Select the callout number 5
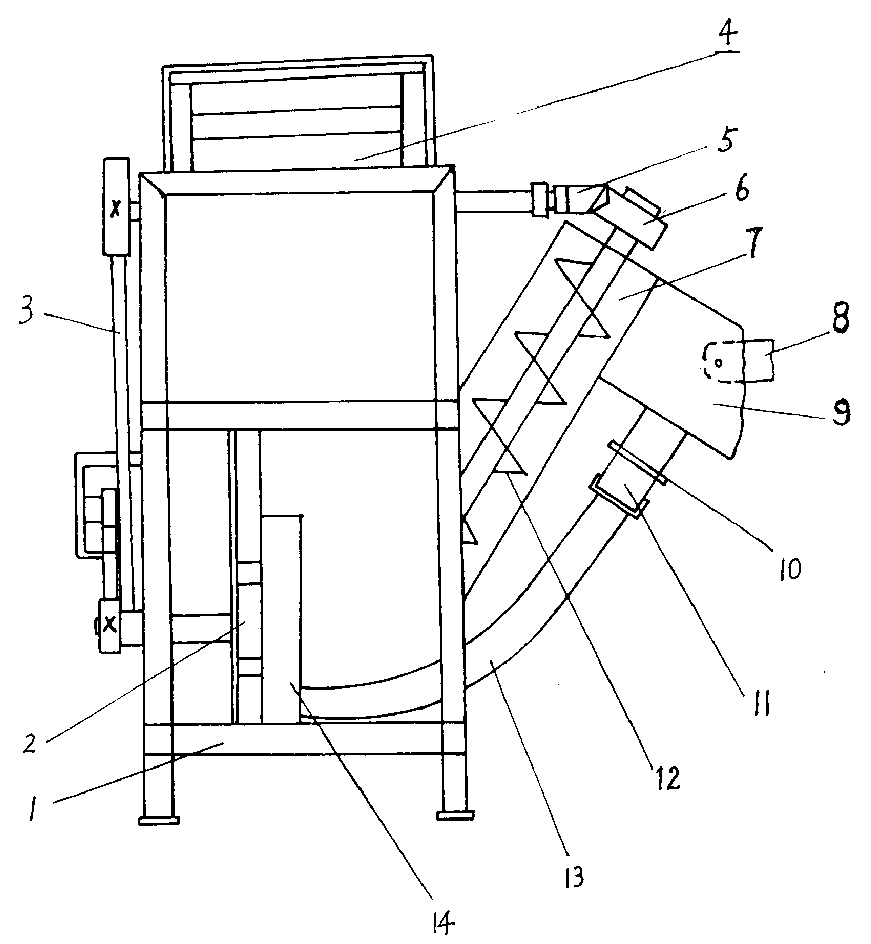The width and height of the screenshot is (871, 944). [727, 140]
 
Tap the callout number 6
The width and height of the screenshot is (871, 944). [742, 189]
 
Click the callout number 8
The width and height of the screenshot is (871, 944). [841, 318]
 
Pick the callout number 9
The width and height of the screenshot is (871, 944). [842, 413]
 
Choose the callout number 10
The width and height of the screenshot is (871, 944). [790, 568]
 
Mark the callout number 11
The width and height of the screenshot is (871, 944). [761, 703]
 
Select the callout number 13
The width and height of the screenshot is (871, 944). [575, 878]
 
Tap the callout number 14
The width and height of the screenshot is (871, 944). [442, 922]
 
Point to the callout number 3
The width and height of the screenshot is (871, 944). [26, 312]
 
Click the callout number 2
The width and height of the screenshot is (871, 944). [29, 744]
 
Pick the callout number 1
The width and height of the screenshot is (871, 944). [33, 811]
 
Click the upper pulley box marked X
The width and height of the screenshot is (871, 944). [116, 206]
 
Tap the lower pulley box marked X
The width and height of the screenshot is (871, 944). [109, 625]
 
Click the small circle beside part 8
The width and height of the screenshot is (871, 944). [719, 362]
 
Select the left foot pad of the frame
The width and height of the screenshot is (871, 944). [159, 820]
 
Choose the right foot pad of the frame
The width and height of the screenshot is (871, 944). [456, 816]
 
